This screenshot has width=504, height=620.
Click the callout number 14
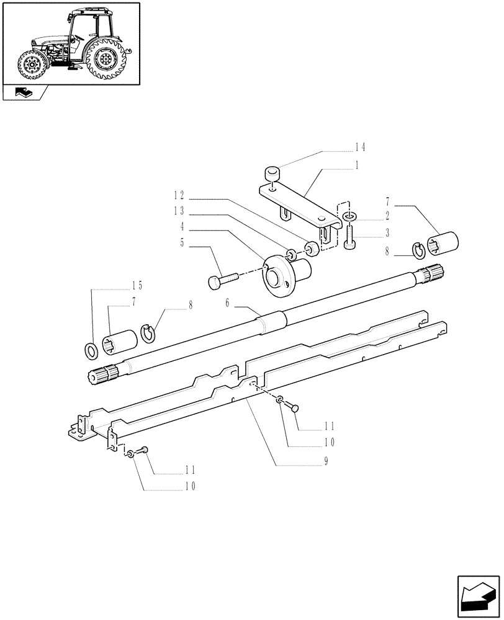(360, 148)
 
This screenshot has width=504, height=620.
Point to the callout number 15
(137, 286)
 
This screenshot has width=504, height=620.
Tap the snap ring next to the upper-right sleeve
(420, 250)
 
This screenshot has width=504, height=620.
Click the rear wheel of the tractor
(106, 61)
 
